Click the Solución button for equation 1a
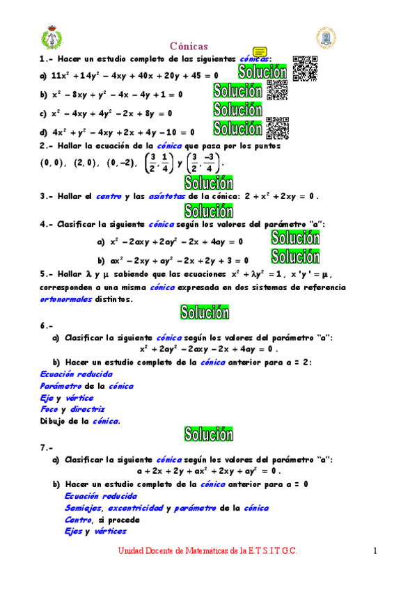pyautogui.click(x=262, y=72)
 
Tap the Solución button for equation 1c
pyautogui.click(x=237, y=110)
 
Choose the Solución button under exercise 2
pyautogui.click(x=208, y=183)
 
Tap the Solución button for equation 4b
pyautogui.click(x=295, y=257)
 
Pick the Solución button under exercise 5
pyautogui.click(x=204, y=312)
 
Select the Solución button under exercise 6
pyautogui.click(x=208, y=433)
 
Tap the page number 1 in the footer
pyautogui.click(x=375, y=551)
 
